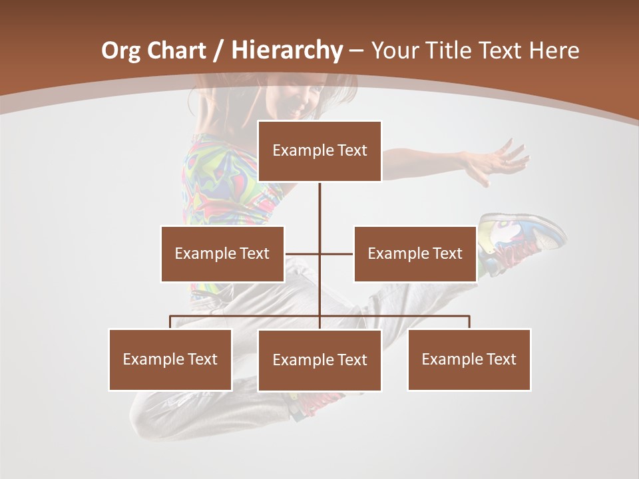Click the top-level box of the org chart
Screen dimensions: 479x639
(319, 151)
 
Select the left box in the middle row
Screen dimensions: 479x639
(222, 253)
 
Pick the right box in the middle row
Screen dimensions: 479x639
(415, 253)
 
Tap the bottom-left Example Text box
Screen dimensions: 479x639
(170, 359)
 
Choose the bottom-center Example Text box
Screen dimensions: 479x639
(319, 360)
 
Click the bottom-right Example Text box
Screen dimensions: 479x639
(469, 359)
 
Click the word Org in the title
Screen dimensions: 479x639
(120, 51)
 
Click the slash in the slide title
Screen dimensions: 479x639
(218, 51)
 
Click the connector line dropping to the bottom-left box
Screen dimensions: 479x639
(170, 322)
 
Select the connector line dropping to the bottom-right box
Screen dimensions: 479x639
(469, 322)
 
